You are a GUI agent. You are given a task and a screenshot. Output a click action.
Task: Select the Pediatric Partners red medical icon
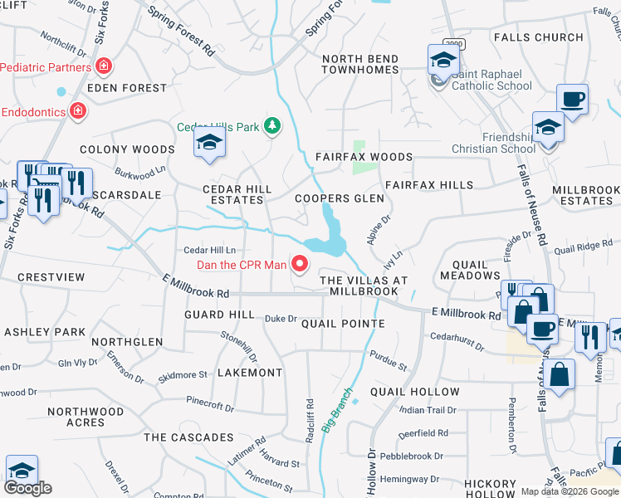(104, 66)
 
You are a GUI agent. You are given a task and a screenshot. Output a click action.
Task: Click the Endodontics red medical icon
(76, 110)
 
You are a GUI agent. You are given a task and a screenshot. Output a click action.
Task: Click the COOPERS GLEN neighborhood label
(340, 198)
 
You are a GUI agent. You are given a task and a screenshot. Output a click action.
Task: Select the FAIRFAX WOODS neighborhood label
(364, 157)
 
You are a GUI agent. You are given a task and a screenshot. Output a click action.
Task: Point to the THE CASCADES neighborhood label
(188, 437)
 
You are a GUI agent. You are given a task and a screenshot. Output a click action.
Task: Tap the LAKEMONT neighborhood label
(250, 373)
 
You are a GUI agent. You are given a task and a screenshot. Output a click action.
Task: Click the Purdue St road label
(389, 361)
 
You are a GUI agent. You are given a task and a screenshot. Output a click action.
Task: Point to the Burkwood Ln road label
(135, 175)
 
